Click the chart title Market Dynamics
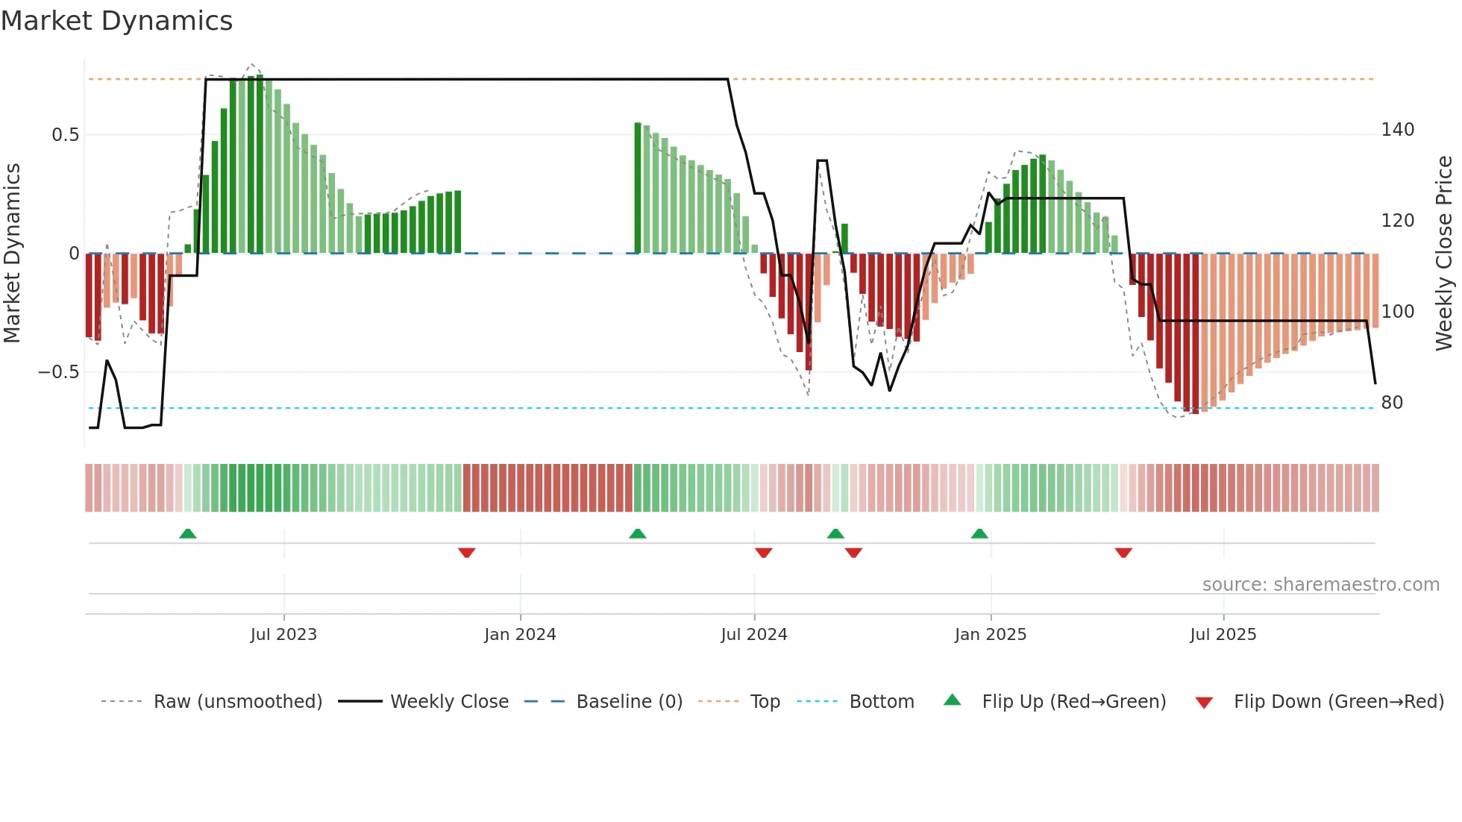pyautogui.click(x=117, y=21)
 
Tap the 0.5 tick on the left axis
pyautogui.click(x=65, y=135)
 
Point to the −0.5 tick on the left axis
pyautogui.click(x=59, y=372)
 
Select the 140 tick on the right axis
pyautogui.click(x=1397, y=130)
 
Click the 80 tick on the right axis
pyautogui.click(x=1392, y=403)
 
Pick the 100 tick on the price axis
pyautogui.click(x=1397, y=312)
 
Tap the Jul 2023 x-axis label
pyautogui.click(x=283, y=635)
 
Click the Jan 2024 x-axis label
pyautogui.click(x=520, y=635)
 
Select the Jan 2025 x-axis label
pyautogui.click(x=991, y=635)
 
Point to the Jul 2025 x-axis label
pyautogui.click(x=1223, y=635)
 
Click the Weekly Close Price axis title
pyautogui.click(x=1444, y=254)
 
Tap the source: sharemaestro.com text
pyautogui.click(x=1320, y=585)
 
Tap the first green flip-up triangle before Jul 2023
pyautogui.click(x=188, y=534)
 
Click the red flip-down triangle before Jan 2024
pyautogui.click(x=467, y=553)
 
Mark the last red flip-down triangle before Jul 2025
pyautogui.click(x=1123, y=553)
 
